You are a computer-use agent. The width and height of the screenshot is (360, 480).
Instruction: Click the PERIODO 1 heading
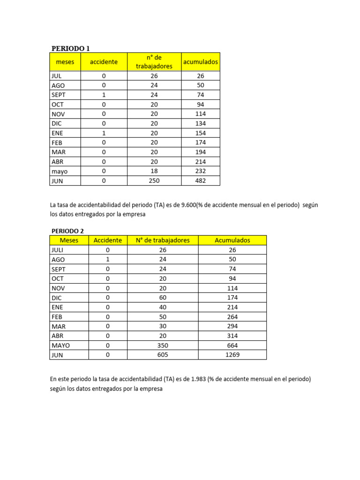[x=70, y=48]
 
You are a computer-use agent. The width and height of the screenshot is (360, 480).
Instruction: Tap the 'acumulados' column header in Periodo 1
[x=201, y=62]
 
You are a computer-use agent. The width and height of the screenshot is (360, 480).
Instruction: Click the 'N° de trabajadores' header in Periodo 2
[x=163, y=240]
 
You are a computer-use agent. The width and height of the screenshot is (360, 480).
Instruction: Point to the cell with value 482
[x=201, y=180]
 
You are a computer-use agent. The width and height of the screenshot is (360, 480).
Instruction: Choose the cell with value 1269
[x=232, y=355]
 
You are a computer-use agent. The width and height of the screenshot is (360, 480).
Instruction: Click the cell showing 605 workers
[x=163, y=355]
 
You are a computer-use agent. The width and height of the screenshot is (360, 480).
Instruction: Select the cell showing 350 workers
[x=163, y=345]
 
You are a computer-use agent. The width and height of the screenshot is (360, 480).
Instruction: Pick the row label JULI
[x=58, y=250]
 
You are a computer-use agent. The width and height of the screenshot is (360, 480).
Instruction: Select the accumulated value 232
[x=201, y=171]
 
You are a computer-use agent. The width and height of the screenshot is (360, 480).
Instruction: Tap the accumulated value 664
[x=232, y=345]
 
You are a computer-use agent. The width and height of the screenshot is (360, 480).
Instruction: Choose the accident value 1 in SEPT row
[x=104, y=95]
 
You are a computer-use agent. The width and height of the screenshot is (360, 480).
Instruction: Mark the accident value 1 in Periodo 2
[x=108, y=259]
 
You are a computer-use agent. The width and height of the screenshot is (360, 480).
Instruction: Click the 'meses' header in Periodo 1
[x=65, y=62]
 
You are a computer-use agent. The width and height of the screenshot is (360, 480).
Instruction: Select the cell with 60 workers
[x=163, y=298]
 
